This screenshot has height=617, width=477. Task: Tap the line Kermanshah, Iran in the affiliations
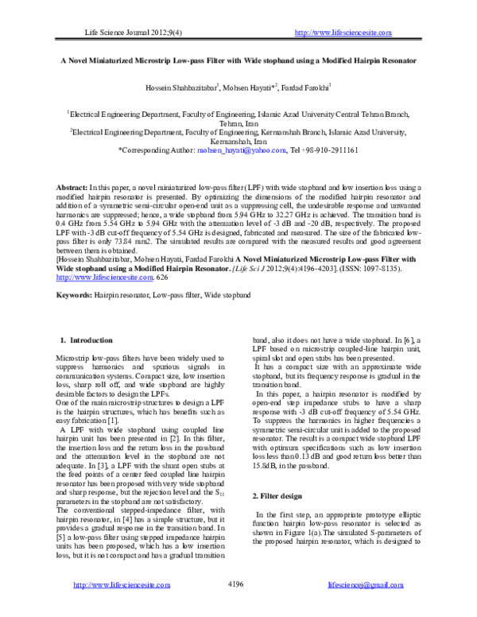tap(240, 141)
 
